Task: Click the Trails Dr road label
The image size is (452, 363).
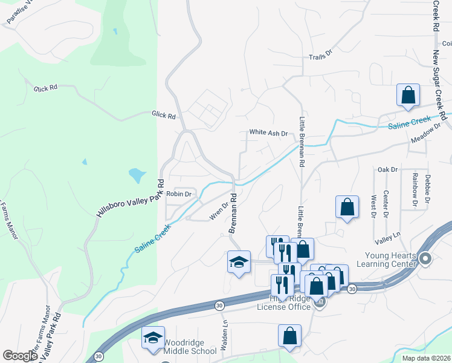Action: (x=321, y=54)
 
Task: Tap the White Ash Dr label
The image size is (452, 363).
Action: (x=268, y=132)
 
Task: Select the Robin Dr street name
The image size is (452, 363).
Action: (x=179, y=194)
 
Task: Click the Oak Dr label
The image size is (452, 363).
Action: (x=387, y=170)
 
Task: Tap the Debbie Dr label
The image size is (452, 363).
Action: (x=428, y=188)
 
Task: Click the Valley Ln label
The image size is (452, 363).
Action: (x=387, y=235)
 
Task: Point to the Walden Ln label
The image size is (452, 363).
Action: (x=225, y=330)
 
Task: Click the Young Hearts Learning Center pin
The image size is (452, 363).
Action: (x=425, y=260)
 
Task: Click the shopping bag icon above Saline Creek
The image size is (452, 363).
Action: (x=408, y=96)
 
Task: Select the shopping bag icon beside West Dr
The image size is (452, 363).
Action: (x=347, y=207)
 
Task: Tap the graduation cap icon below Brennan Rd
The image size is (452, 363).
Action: (x=239, y=262)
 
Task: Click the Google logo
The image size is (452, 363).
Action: (x=20, y=356)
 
